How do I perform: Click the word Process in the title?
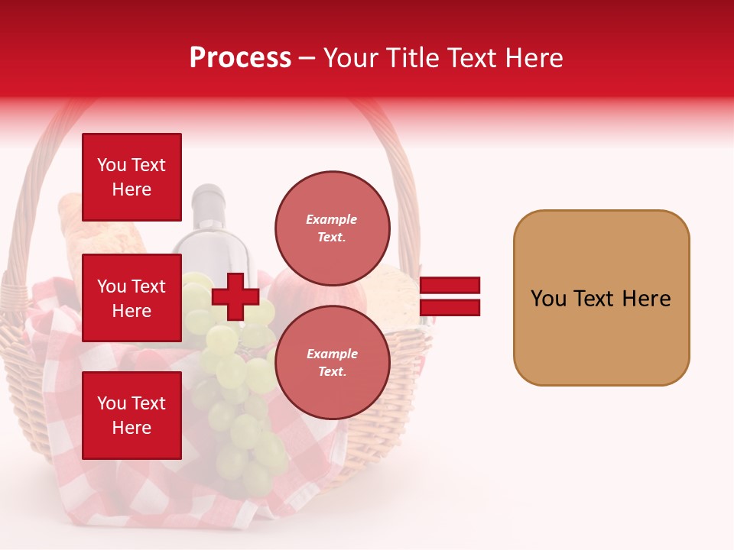(x=240, y=58)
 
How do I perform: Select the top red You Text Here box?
(x=132, y=177)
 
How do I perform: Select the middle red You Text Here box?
(x=132, y=298)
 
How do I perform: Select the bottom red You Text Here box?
(x=132, y=416)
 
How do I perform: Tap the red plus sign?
(x=235, y=296)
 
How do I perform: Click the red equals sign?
(x=450, y=296)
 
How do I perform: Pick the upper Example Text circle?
(x=332, y=228)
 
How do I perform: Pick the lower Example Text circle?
(x=332, y=362)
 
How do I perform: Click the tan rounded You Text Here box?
(x=601, y=298)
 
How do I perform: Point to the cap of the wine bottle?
(x=207, y=196)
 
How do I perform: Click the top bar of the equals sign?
(x=450, y=286)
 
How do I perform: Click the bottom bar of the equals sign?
(x=450, y=307)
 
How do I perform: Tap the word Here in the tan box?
(x=646, y=299)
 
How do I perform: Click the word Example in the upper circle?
(x=331, y=219)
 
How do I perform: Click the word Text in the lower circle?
(x=331, y=371)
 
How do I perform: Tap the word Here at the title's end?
(x=535, y=58)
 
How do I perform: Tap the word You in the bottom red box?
(x=112, y=403)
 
